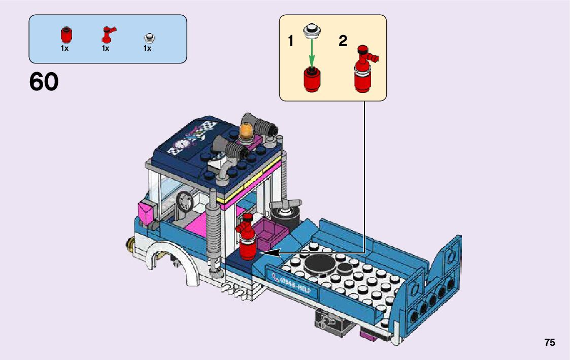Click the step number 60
[44, 82]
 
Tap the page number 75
[550, 343]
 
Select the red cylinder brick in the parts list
[65, 35]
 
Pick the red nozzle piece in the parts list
[107, 34]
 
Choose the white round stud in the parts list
[148, 38]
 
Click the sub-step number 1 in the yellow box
[291, 41]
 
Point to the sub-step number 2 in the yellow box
[343, 41]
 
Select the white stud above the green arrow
[311, 30]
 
